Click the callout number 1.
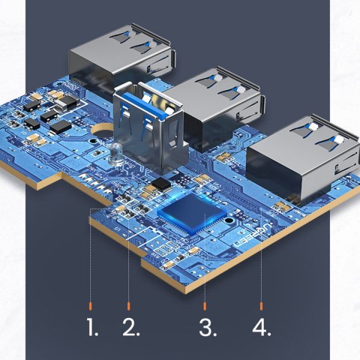pyautogui.click(x=92, y=328)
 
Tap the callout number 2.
pyautogui.click(x=131, y=328)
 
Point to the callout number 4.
pyautogui.click(x=262, y=328)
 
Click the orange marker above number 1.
pyautogui.click(x=91, y=306)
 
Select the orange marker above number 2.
pyautogui.click(x=130, y=306)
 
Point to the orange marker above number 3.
pyautogui.click(x=205, y=306)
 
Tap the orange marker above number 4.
pyautogui.click(x=261, y=306)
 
